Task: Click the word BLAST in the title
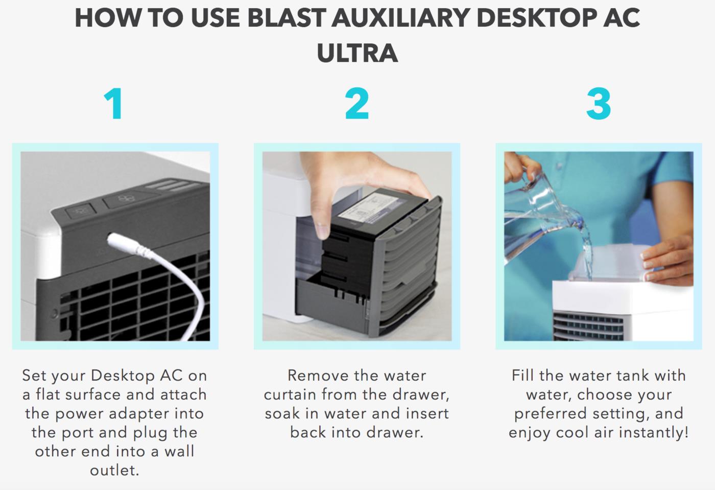pos(286,18)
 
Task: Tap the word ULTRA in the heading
pos(357,53)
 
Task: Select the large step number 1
pos(113,104)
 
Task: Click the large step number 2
pos(357,104)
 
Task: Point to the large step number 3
pos(599,104)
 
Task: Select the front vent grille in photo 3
pos(588,326)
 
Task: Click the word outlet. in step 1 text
pos(114,470)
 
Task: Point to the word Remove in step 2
pos(316,376)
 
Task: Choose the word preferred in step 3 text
pos(551,414)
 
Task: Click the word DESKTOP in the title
pos(537,18)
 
